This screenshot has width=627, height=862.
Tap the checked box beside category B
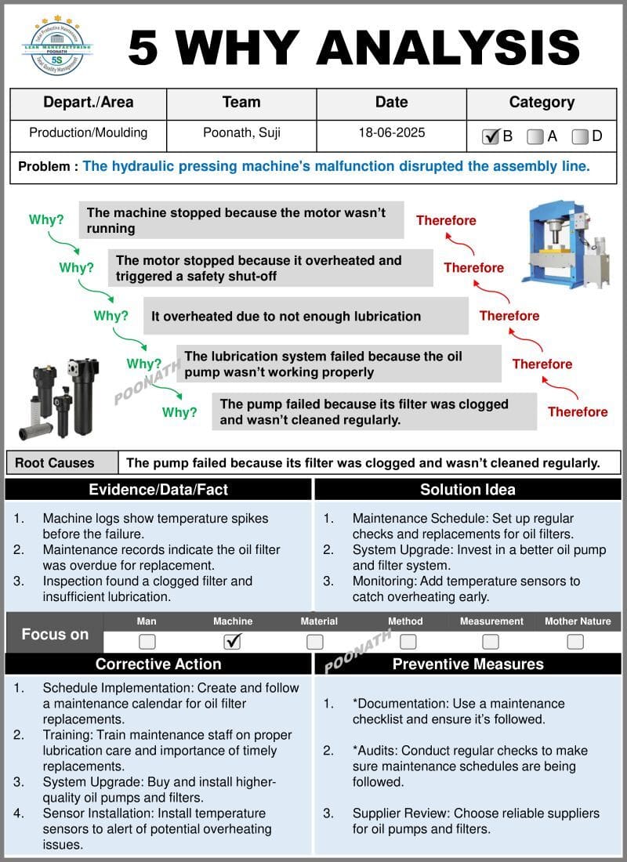tap(491, 136)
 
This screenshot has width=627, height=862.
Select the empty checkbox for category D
tap(580, 136)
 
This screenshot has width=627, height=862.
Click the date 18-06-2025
tap(392, 132)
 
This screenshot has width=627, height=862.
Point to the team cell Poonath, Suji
tap(241, 132)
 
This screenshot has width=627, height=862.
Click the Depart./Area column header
tap(89, 102)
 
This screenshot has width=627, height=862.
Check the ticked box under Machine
tap(232, 642)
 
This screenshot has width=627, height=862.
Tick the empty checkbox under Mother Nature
tap(575, 642)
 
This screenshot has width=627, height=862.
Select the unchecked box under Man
tap(147, 642)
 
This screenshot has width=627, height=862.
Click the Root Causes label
tap(55, 463)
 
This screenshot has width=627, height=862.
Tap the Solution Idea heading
tap(468, 490)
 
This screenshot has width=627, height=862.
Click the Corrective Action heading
tap(158, 664)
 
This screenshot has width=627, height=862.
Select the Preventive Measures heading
tap(468, 664)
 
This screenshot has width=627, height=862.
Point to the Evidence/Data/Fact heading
tap(158, 490)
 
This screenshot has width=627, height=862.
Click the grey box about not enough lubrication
tap(306, 317)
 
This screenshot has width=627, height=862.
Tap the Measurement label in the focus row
tap(491, 621)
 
